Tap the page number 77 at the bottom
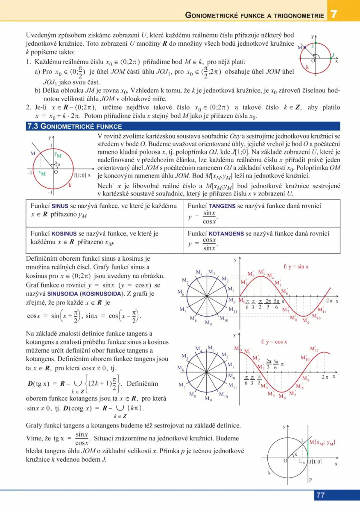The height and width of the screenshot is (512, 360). click(x=321, y=495)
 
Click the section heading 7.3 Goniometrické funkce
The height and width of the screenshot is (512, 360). click(x=74, y=126)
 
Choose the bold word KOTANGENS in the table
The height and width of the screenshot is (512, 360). click(x=226, y=234)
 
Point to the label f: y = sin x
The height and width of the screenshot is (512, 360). click(x=296, y=267)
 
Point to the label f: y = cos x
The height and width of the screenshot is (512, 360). click(x=274, y=341)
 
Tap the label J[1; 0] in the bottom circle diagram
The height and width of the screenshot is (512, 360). click(x=315, y=461)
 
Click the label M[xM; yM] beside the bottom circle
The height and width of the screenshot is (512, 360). click(x=322, y=442)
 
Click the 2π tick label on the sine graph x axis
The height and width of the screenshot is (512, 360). click(x=329, y=301)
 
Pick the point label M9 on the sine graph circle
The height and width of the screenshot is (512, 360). click(x=208, y=323)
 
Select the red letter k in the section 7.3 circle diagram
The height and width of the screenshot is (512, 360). click(x=70, y=185)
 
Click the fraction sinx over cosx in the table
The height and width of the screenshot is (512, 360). click(x=209, y=217)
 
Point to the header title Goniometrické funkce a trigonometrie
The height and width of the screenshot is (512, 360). click(x=255, y=15)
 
